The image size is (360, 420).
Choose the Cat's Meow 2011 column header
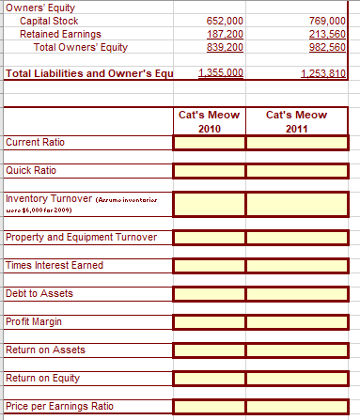[297, 121]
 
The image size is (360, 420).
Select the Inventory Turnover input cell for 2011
[297, 203]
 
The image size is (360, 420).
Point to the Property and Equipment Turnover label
[81, 237]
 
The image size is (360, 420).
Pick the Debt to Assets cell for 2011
[297, 293]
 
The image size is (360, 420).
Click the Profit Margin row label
[32, 321]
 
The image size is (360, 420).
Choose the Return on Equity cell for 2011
[297, 378]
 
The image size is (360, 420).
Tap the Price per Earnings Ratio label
[59, 406]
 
